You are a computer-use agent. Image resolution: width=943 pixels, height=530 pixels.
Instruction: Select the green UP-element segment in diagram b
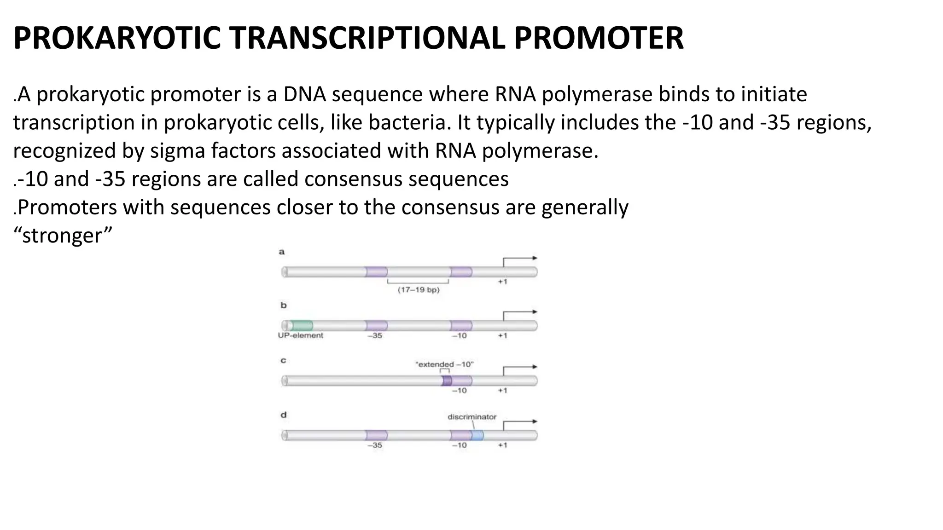302,326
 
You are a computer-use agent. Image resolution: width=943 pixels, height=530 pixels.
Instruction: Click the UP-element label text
300,335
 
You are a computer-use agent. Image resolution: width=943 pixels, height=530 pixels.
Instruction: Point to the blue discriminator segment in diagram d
477,435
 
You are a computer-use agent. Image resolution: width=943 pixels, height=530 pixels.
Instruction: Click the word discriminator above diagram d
472,417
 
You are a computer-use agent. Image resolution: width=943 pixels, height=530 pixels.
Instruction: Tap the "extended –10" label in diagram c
444,364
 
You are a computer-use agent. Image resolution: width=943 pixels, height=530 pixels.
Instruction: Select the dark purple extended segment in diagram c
447,380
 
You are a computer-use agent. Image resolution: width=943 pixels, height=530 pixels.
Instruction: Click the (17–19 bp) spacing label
418,290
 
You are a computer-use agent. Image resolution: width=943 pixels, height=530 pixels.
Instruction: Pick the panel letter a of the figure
282,252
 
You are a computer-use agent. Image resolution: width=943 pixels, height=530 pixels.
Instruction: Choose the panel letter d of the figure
284,415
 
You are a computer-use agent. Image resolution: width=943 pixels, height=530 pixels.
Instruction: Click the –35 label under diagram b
375,336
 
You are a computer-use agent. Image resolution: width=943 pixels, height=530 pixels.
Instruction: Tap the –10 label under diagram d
459,445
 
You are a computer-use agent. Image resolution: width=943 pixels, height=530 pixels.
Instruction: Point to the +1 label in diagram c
502,391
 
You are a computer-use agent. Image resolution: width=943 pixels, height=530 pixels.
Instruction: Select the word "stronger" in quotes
63,236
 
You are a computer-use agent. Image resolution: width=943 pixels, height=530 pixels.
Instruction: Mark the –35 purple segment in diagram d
376,435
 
